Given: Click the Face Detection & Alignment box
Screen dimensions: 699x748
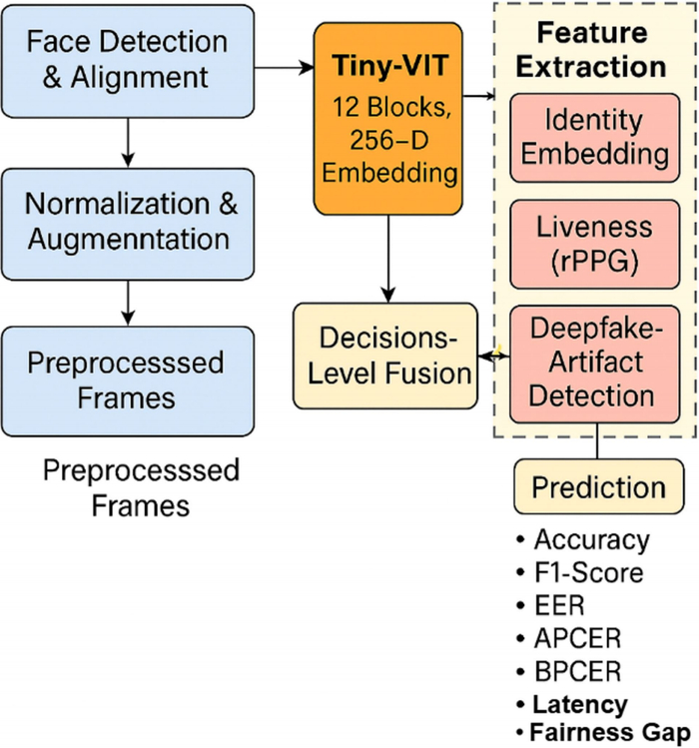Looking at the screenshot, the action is click(128, 62).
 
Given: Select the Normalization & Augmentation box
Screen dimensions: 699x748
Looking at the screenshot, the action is click(128, 224).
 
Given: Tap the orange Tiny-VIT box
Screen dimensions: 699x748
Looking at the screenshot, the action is click(387, 119).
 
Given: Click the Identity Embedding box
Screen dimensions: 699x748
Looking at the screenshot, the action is click(594, 138).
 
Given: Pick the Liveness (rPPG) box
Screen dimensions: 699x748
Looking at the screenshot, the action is click(594, 245).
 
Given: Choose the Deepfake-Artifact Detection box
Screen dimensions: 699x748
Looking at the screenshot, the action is click(594, 365).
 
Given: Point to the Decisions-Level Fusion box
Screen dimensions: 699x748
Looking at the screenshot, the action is click(385, 356).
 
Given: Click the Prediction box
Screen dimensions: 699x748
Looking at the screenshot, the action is click(599, 486).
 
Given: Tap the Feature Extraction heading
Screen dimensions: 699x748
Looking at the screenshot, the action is click(591, 50).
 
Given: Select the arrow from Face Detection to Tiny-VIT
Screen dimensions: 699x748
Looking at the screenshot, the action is click(284, 68).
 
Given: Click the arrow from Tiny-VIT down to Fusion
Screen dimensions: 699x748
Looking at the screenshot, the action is click(388, 259).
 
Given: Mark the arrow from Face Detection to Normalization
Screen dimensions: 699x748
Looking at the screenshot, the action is click(128, 143).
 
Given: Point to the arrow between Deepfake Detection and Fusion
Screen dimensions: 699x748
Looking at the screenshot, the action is click(494, 356).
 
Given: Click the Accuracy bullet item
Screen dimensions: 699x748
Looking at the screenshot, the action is click(583, 540).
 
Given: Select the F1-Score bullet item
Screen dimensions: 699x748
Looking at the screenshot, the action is click(580, 572).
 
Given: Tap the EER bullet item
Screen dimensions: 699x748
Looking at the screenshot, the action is click(550, 606).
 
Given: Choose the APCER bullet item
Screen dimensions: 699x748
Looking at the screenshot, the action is click(569, 639).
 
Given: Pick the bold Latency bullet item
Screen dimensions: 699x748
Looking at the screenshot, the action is click(572, 705).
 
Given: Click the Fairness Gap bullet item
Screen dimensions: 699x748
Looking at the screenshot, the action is click(603, 732).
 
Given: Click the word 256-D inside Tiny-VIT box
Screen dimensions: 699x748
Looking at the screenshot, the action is click(388, 140).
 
